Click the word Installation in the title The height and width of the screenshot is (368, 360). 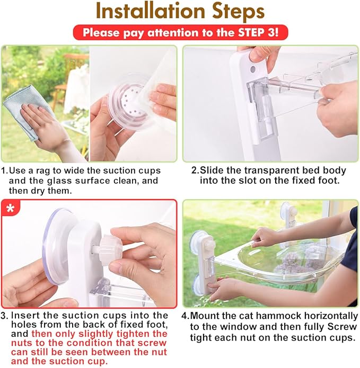pos(151,11)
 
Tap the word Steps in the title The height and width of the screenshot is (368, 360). pos(238,12)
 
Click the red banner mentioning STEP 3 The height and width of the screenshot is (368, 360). pos(180,32)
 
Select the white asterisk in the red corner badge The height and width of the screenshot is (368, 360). pos(10,208)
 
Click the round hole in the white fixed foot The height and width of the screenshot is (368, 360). pos(253,69)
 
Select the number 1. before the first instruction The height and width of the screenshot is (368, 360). pos(5,170)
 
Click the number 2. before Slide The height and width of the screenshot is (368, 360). pos(195,170)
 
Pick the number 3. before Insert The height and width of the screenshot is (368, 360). pos(5,315)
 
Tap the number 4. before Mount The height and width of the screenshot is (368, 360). pos(186,316)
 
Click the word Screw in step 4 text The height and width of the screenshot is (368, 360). pos(341,327)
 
